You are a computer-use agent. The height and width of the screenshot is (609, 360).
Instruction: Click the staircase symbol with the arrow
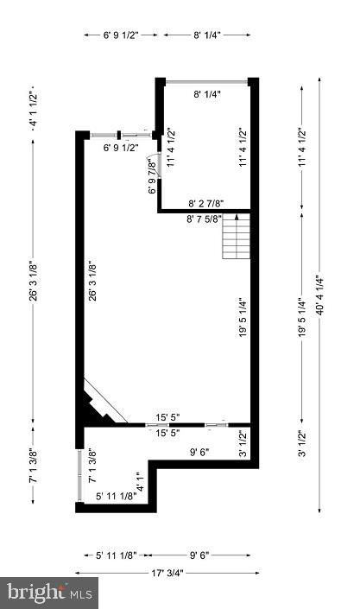pos(237,236)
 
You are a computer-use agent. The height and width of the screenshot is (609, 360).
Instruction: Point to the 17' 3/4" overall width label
pos(167,573)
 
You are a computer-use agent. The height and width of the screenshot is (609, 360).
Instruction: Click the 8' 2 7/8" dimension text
pos(205,203)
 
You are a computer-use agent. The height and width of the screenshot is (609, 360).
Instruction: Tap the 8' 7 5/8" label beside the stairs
pos(205,219)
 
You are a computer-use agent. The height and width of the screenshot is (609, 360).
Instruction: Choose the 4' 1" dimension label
pos(141,482)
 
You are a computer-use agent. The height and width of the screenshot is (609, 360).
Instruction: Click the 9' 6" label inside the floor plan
pos(199,452)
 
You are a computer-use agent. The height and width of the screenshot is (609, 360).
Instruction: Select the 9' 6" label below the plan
pos(199,555)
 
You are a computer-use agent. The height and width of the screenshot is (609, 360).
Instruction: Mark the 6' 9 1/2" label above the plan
pos(121,35)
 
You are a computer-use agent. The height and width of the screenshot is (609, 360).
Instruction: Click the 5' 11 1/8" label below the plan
pos(117,555)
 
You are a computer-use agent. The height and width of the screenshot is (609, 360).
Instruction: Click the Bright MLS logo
pos(49,593)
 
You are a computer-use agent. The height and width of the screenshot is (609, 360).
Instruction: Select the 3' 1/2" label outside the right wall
pos(303,443)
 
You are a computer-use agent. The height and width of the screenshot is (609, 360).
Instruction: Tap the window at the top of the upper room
pos(207,82)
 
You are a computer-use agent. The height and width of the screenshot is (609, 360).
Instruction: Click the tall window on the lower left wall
pos(79,475)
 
